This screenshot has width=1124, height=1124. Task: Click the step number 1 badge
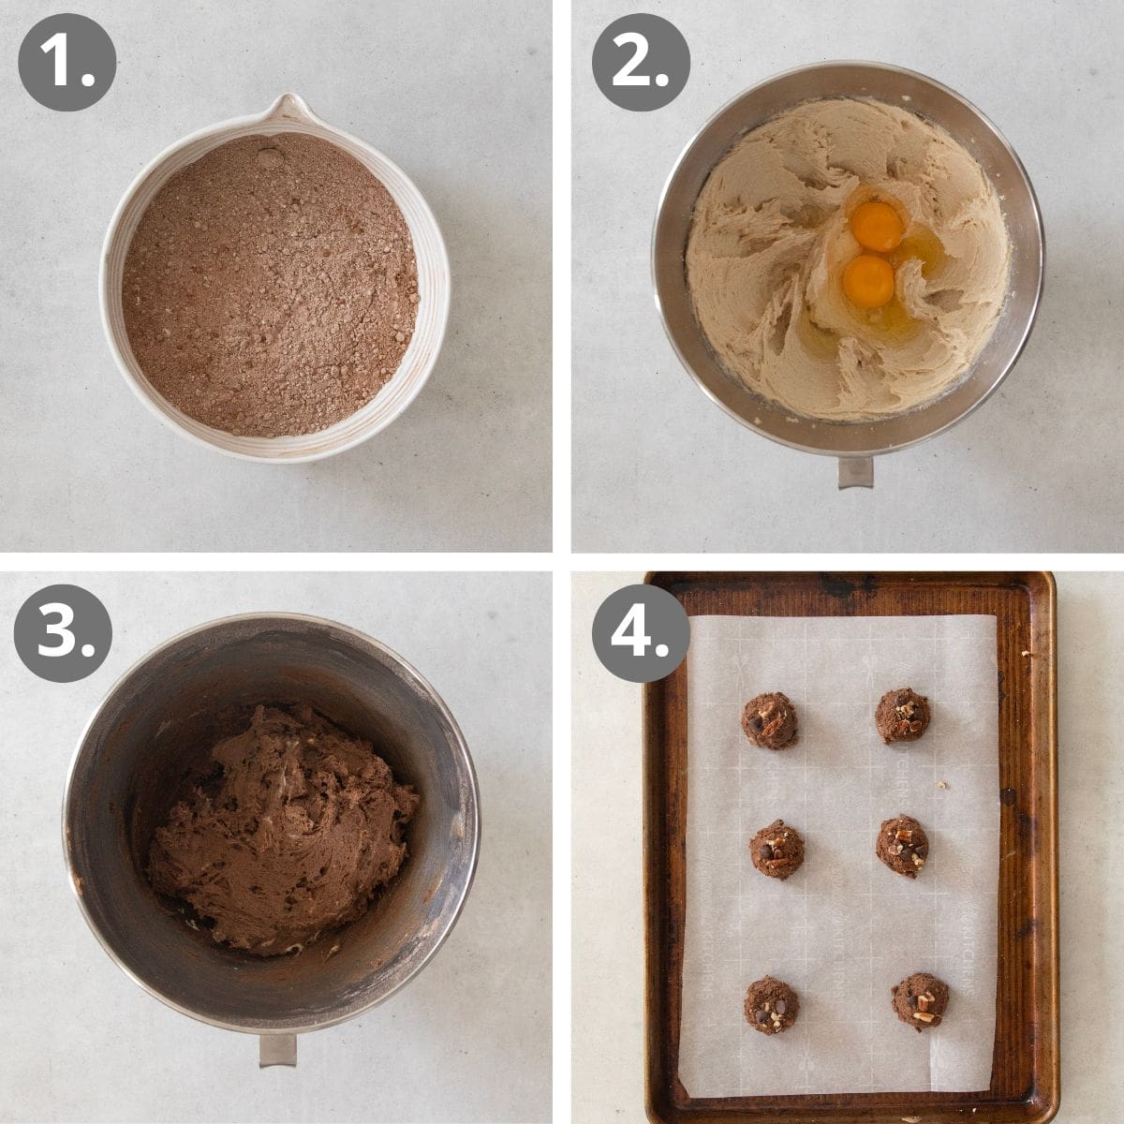point(67,63)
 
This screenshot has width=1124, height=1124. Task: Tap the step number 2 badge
point(641,63)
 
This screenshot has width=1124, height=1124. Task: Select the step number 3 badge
point(63,633)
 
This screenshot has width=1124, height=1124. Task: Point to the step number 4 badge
point(641,633)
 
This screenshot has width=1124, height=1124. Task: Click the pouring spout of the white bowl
point(286,107)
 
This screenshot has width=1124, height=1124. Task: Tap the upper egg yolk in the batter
point(878,227)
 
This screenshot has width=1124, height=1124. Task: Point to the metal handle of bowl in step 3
point(277,1050)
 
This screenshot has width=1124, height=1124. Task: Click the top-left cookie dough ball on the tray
point(770,720)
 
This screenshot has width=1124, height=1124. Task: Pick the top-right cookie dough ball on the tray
point(903,716)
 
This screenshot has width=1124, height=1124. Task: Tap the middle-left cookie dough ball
point(776,849)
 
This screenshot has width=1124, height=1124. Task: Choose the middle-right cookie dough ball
point(902,846)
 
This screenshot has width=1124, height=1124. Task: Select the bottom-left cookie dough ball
point(772,1005)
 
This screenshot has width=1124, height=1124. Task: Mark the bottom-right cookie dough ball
point(919,1001)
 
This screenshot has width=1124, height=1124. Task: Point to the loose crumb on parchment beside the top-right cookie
point(941,785)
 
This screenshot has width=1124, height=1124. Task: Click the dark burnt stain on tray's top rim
point(848,586)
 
